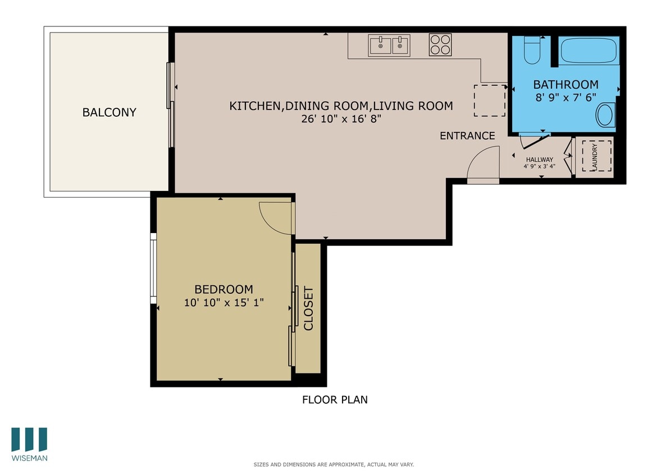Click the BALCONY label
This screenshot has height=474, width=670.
coord(109,112)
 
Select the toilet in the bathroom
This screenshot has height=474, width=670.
coord(531,51)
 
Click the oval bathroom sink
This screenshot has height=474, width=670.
coord(605,116)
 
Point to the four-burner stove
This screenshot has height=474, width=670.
coord(440,45)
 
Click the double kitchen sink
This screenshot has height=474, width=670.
coord(389,45)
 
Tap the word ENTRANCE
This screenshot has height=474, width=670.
coord(467,135)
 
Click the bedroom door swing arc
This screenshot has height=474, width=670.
coord(276,217)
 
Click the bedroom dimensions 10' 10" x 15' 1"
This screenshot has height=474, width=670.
coord(224,302)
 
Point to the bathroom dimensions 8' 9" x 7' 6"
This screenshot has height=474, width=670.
coord(566,97)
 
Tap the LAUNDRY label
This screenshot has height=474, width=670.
coord(595,157)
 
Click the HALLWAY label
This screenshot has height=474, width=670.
coord(539,159)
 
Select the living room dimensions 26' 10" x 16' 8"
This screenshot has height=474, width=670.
coord(341,118)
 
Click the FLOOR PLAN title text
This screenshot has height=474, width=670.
coord(335,400)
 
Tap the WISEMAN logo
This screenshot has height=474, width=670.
coord(29,444)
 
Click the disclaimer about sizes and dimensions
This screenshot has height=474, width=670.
coord(334,464)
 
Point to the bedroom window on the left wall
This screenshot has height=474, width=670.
coord(153,268)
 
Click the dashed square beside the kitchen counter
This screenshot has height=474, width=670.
coord(489,101)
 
